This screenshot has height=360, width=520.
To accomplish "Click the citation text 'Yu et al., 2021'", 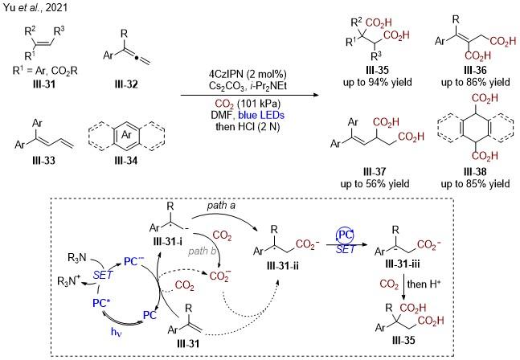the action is pyautogui.click(x=35, y=7).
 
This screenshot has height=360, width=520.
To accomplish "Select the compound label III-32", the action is pyautogui.click(x=125, y=84).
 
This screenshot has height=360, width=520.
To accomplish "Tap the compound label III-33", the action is pyautogui.click(x=43, y=161).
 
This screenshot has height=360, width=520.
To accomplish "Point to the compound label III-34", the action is pyautogui.click(x=125, y=161).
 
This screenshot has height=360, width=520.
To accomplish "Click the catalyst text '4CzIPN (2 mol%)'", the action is pyautogui.click(x=248, y=74).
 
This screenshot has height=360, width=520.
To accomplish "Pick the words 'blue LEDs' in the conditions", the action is pyautogui.click(x=261, y=115).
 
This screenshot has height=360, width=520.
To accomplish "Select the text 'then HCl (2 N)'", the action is pyautogui.click(x=248, y=126).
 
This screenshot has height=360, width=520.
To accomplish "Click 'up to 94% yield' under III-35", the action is pyautogui.click(x=378, y=82).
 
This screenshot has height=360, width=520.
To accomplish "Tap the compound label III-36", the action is pyautogui.click(x=475, y=70).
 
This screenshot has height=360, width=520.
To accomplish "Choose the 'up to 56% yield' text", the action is pyautogui.click(x=375, y=183).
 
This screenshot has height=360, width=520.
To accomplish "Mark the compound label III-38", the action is pyautogui.click(x=475, y=171).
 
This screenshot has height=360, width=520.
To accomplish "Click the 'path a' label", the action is pyautogui.click(x=221, y=206).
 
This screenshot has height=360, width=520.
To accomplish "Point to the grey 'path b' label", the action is pyautogui.click(x=203, y=251).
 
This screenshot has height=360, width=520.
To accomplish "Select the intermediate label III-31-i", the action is pyautogui.click(x=168, y=241).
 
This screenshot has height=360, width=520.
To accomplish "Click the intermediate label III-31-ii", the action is pyautogui.click(x=283, y=265).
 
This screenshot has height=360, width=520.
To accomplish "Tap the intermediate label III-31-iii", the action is pyautogui.click(x=403, y=264).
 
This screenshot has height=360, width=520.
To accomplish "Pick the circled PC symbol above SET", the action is pyautogui.click(x=345, y=235).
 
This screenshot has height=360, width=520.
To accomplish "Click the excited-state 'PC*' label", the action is pyautogui.click(x=101, y=303).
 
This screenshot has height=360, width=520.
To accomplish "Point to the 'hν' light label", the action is pyautogui.click(x=117, y=332).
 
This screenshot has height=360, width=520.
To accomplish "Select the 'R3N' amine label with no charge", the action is pyautogui.click(x=77, y=258).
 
